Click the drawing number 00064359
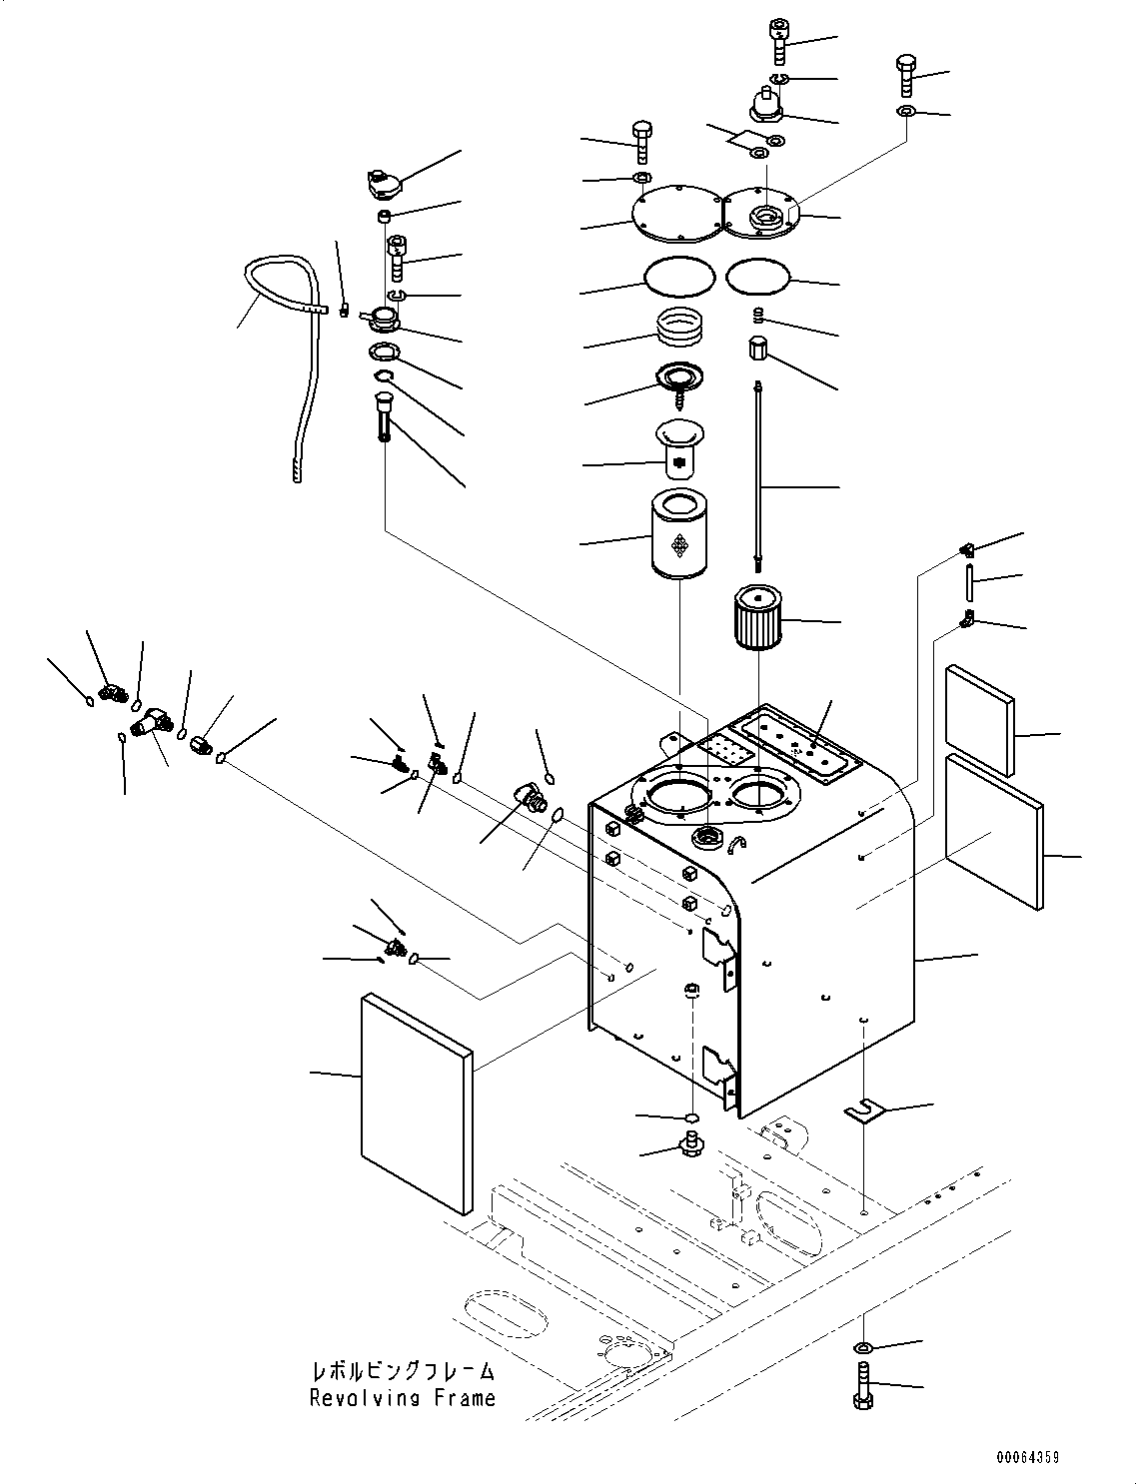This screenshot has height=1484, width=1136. click(1026, 1458)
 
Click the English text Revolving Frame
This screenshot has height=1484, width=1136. click(402, 1398)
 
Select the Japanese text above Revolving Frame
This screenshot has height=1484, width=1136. click(402, 1372)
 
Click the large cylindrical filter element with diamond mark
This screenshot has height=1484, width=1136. click(679, 537)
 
